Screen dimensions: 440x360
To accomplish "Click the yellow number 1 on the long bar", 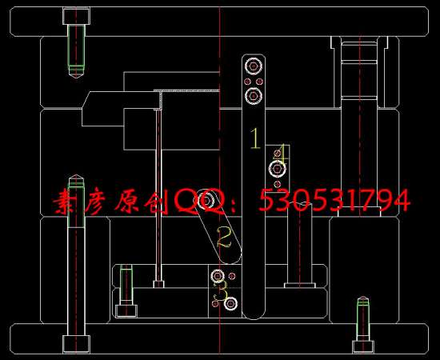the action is (255, 138).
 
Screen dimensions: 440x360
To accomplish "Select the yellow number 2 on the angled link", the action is (224, 238).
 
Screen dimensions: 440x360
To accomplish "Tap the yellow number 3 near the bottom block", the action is (221, 291).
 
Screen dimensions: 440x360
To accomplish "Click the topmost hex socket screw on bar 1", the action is (254, 66).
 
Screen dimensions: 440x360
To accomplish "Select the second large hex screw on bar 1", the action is (254, 96).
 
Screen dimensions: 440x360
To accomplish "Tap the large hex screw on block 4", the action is (278, 168).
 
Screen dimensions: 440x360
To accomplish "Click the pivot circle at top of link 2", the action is (206, 201).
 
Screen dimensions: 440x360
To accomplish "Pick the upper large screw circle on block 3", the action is (218, 275).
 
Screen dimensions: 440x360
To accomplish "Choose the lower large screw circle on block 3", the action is (230, 303).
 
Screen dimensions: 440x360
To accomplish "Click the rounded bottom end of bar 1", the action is (254, 314).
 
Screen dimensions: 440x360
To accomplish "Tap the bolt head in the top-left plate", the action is (76, 16).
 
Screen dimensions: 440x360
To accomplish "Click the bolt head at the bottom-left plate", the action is (76, 344).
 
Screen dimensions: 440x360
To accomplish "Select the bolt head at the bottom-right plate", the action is (363, 347).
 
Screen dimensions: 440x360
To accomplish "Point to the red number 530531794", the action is (334, 200).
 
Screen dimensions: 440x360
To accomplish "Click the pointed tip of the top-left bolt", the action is (76, 78).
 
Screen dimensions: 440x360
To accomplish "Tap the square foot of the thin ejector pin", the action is (158, 284).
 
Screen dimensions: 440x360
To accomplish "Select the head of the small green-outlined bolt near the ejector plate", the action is (126, 311).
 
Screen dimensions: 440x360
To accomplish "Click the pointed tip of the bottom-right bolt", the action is (363, 297).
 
